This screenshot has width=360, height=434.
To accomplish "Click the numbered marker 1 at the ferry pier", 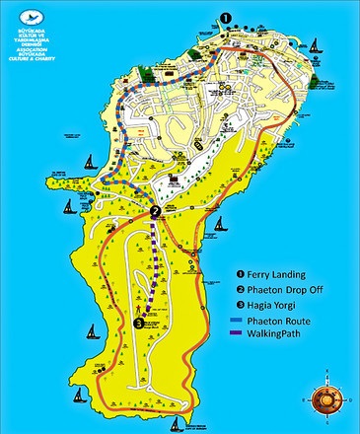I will (x=225, y=18).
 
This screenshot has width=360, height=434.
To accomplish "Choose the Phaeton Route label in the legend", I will (x=288, y=319).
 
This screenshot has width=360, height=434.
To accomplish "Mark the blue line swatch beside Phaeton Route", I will (x=239, y=319).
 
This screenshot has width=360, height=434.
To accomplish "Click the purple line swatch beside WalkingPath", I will (x=239, y=333).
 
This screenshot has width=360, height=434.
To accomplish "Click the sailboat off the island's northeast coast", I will (x=315, y=44).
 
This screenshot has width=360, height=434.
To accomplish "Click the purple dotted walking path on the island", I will (x=154, y=266).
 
